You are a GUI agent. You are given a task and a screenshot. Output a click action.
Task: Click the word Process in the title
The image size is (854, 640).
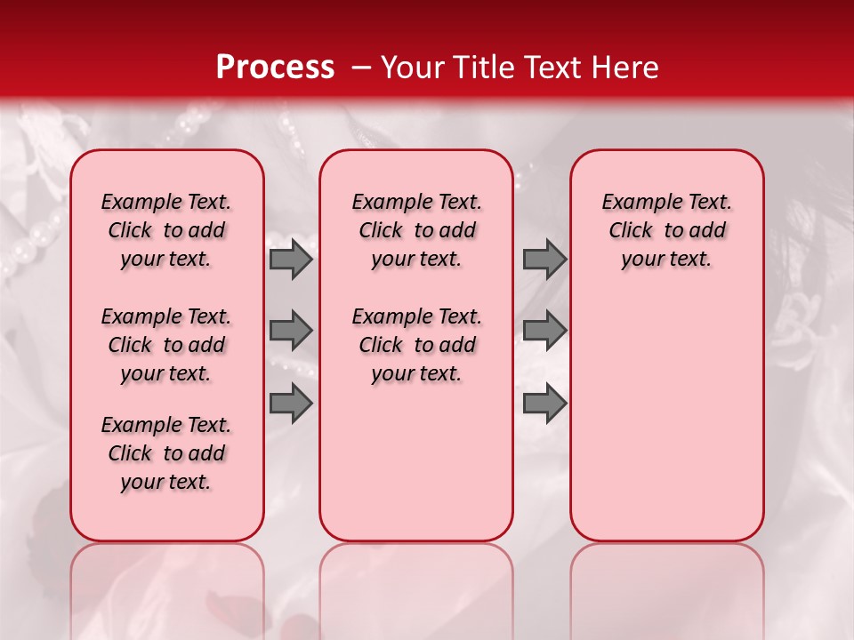274,67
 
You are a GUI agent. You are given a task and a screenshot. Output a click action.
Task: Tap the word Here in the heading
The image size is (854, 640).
626,68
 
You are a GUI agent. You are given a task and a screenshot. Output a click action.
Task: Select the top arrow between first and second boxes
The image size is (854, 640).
291,260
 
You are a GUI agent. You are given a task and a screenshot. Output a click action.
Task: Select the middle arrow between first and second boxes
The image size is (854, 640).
291,331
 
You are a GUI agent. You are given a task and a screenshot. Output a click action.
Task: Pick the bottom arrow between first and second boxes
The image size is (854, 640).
291,404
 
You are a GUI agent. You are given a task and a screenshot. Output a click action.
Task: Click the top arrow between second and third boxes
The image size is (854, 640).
544,260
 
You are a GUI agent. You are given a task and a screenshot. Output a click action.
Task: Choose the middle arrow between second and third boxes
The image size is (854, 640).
544,331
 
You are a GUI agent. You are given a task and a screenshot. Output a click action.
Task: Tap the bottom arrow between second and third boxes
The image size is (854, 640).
544,404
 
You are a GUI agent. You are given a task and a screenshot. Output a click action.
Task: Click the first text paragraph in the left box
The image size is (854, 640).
166,230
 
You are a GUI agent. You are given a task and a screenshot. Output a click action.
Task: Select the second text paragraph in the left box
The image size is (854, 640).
166,345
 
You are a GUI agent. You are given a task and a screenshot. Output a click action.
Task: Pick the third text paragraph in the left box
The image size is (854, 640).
166,453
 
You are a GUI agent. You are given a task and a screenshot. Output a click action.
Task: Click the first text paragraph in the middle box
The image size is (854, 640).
417,230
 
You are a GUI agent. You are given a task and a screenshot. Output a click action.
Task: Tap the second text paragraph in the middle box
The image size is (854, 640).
417,345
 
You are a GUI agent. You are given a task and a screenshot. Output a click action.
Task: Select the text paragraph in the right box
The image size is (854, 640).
667,230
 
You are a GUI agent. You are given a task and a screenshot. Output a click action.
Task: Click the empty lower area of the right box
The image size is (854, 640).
667,427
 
